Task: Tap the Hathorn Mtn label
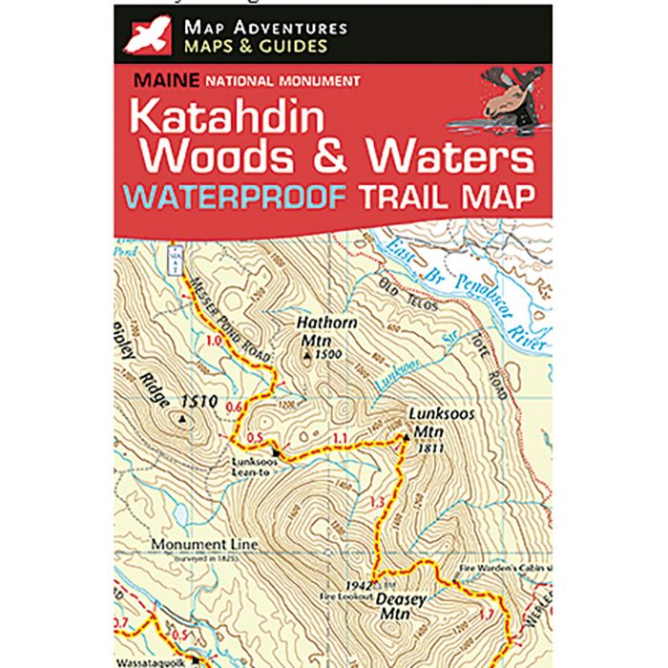point(326,331)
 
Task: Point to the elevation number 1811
point(431,448)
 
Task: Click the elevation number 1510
point(204,402)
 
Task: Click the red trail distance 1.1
point(339,440)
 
